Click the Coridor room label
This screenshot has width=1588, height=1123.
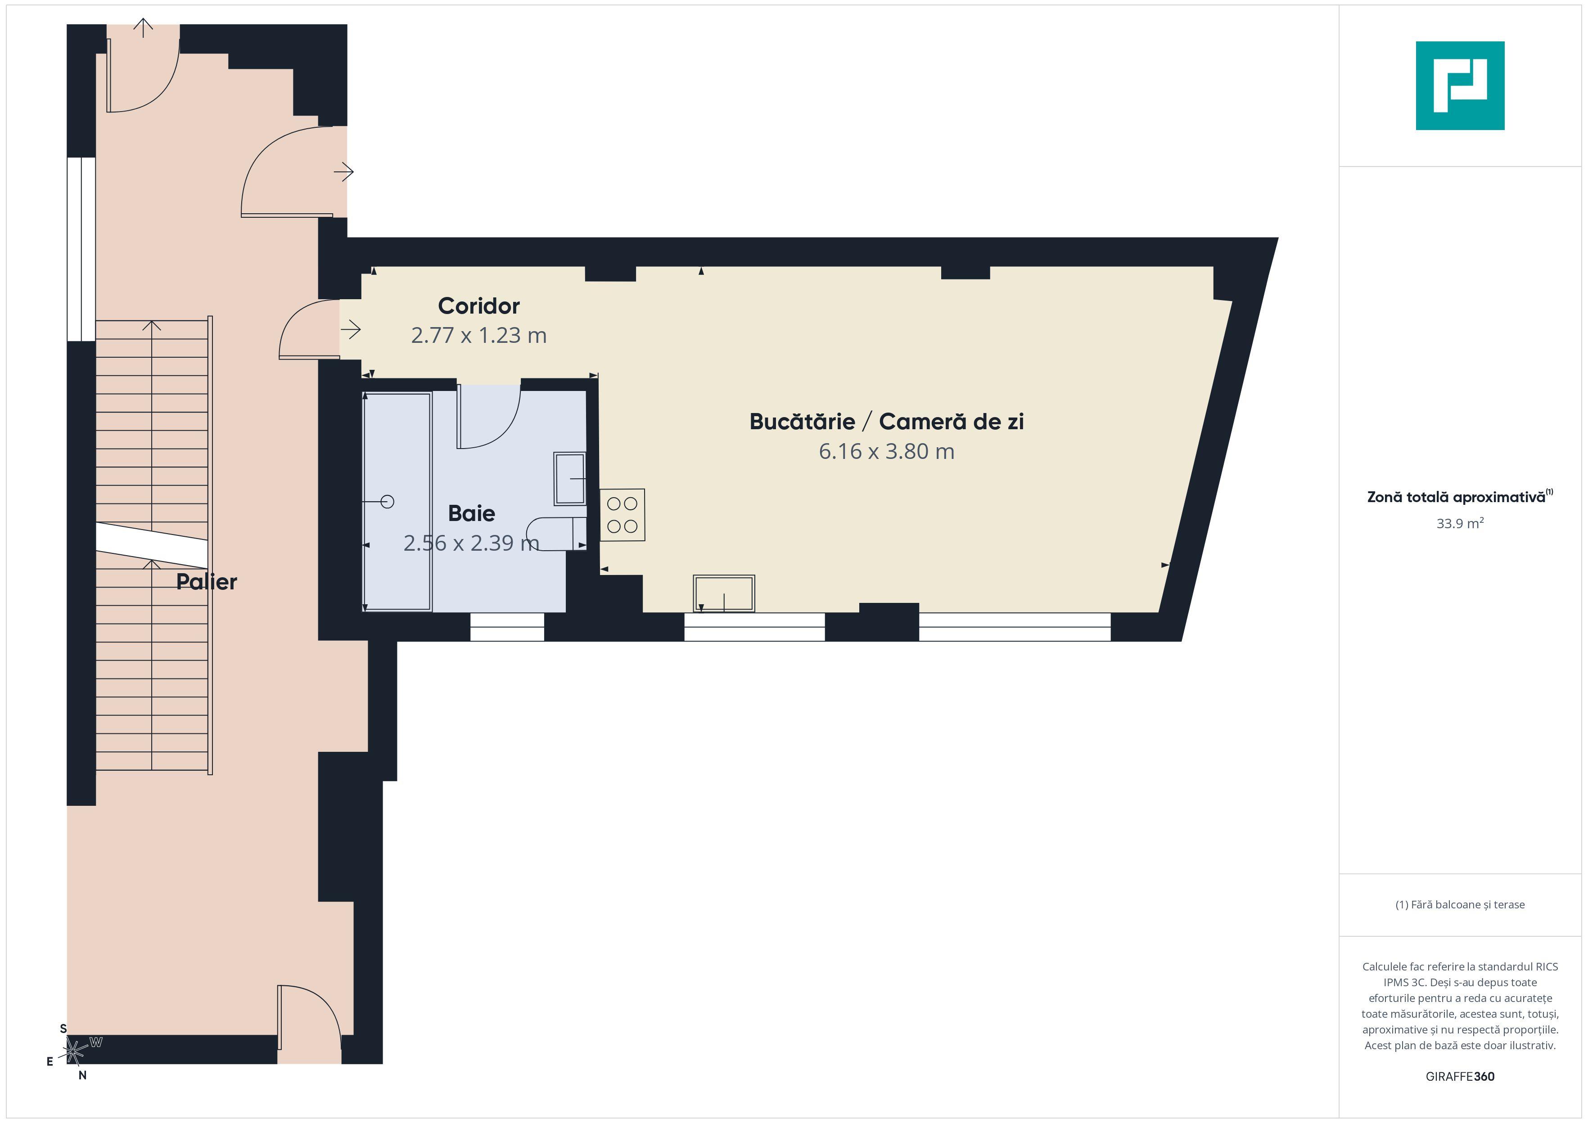pos(478,305)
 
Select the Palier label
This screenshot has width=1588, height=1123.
pos(206,582)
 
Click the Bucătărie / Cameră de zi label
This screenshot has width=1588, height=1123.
pos(886,421)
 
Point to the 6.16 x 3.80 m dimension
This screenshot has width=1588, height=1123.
pos(886,452)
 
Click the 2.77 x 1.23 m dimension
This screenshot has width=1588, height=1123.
pos(478,335)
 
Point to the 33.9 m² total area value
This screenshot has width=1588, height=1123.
pos(1459,523)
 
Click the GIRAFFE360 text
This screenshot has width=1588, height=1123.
pos(1459,1076)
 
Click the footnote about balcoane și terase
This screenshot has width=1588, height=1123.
pos(1459,904)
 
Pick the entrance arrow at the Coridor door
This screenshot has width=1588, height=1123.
pos(352,330)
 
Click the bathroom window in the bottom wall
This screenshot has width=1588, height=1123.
pos(507,626)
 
